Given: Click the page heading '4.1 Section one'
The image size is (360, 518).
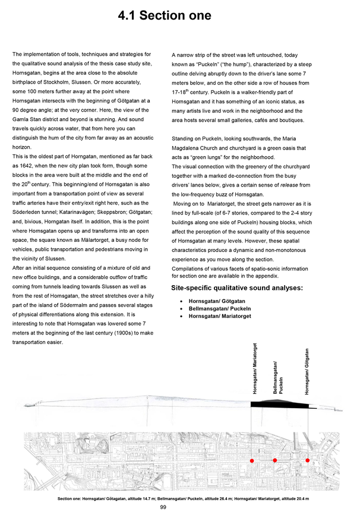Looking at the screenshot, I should pos(165,15).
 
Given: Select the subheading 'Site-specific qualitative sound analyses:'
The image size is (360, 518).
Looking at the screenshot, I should pos(237,288).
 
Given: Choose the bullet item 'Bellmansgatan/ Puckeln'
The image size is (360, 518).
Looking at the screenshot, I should pos(220,309).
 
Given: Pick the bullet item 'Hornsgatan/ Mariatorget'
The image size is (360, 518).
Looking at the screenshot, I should pos(220,317).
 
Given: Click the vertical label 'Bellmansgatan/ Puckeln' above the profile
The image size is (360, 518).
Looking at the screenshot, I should pos(278,377).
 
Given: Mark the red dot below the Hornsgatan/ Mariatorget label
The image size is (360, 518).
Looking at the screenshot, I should pos(252,460).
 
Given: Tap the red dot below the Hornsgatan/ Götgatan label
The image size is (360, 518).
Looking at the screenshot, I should pos(308,460).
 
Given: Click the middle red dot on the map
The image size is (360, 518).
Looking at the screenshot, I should pos(275,460).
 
